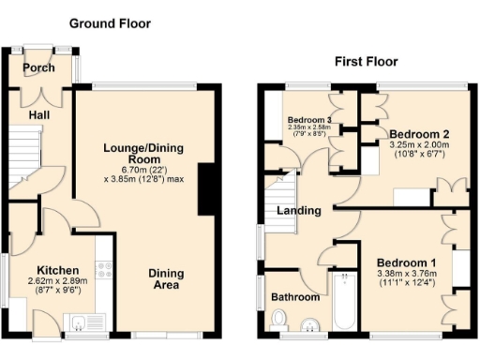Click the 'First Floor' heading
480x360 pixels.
pyautogui.click(x=367, y=62)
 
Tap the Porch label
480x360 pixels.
pyautogui.click(x=39, y=68)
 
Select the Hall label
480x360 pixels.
pyautogui.click(x=38, y=114)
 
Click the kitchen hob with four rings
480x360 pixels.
pyautogui.click(x=103, y=271)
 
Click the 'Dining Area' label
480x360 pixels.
pyautogui.click(x=165, y=279)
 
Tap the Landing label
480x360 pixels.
pyautogui.click(x=298, y=211)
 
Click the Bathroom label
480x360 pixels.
pyautogui.click(x=294, y=297)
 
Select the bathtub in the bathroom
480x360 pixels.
pyautogui.click(x=341, y=302)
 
